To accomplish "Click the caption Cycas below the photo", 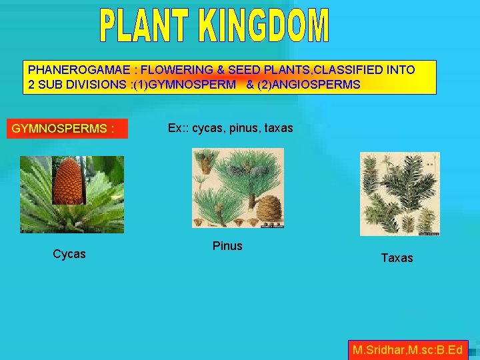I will point(69,254).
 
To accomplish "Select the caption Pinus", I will point(227,246).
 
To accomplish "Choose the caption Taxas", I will point(397,257).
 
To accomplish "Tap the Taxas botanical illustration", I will point(399,193).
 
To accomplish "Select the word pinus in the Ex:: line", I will point(243,128).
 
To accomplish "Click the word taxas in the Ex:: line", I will point(278,128).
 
